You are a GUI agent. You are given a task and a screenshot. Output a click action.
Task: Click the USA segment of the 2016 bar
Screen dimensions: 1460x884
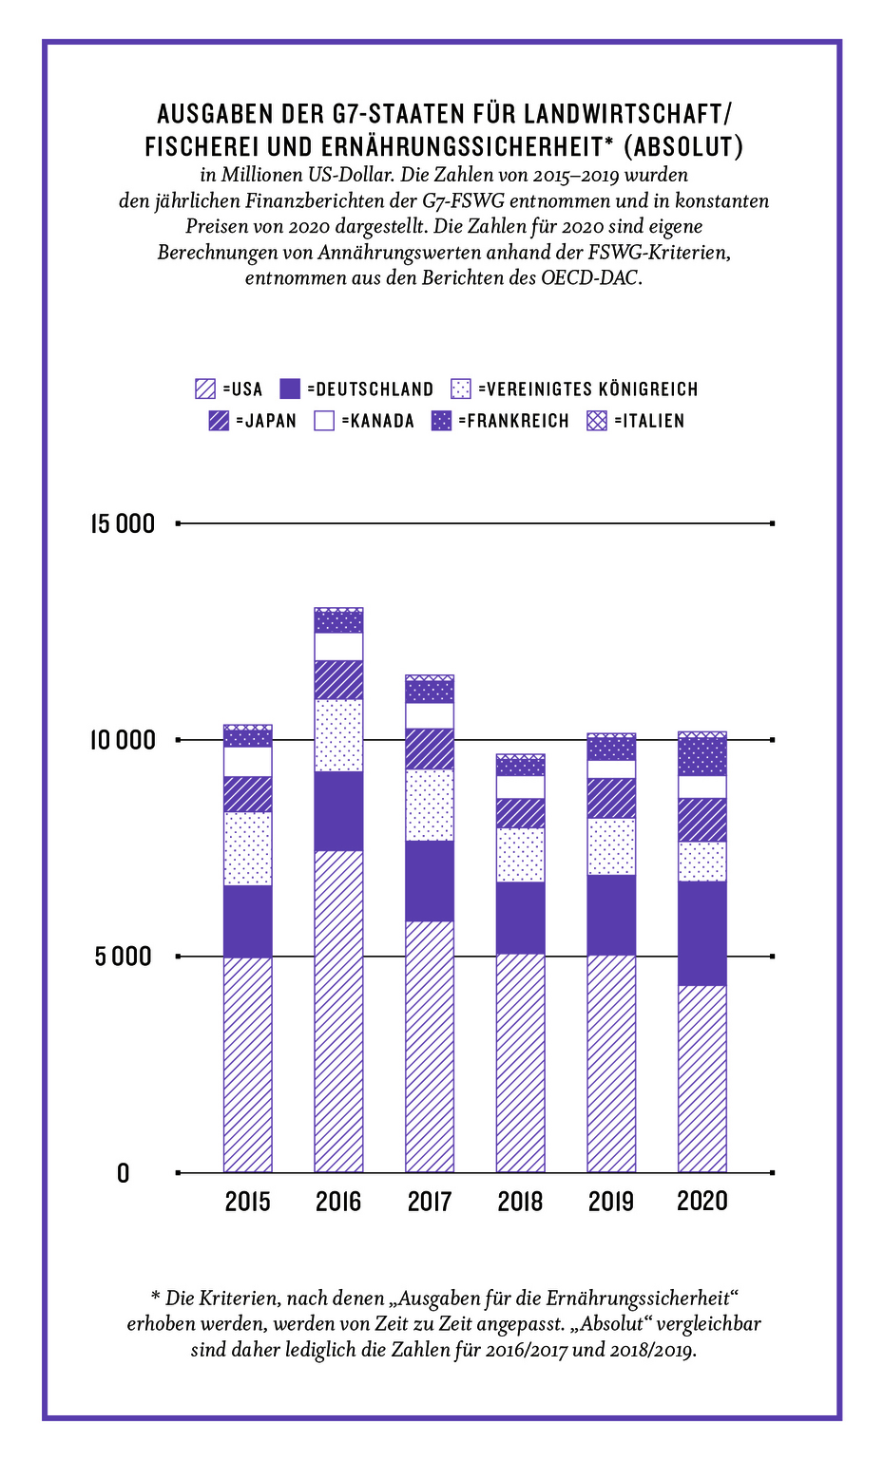[x=338, y=1011]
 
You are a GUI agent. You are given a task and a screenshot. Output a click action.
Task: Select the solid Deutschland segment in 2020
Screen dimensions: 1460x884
[x=701, y=933]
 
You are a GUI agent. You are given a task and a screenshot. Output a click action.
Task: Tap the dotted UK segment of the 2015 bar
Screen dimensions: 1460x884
[x=247, y=848]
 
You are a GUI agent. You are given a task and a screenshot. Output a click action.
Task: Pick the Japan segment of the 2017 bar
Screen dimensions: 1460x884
[x=430, y=749]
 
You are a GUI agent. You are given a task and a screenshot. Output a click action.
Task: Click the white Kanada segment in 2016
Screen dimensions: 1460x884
[x=338, y=646]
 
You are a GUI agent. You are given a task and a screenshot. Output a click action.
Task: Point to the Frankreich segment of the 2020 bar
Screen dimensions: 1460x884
[x=701, y=756]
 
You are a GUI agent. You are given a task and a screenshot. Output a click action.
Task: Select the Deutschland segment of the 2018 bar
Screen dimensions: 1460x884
[x=520, y=918]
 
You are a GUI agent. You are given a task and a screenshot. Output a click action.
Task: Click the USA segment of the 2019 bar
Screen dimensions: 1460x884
[x=611, y=1063]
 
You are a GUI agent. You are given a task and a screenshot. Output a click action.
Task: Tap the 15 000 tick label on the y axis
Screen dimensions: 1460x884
[x=123, y=523]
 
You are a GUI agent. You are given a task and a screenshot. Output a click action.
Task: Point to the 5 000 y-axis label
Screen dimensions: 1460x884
[x=123, y=957]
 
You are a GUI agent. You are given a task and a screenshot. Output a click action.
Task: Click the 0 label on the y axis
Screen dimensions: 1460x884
[x=123, y=1174]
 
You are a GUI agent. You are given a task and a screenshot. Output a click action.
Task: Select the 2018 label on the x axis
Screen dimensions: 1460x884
[x=520, y=1202]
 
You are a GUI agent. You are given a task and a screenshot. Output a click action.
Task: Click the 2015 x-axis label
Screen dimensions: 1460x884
[x=247, y=1202]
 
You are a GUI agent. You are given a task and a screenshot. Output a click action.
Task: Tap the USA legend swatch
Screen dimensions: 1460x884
[x=204, y=389]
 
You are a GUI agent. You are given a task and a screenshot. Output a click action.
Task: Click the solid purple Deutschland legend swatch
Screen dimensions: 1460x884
[x=290, y=389]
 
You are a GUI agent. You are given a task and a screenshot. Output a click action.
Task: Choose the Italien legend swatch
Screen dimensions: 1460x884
[x=597, y=421]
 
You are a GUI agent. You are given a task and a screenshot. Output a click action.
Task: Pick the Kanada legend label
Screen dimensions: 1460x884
[x=377, y=421]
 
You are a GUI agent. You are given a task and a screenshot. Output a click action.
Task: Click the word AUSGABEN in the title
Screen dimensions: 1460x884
[x=216, y=115]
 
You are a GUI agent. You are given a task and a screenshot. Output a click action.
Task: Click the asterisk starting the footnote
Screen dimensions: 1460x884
[x=155, y=1297]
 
